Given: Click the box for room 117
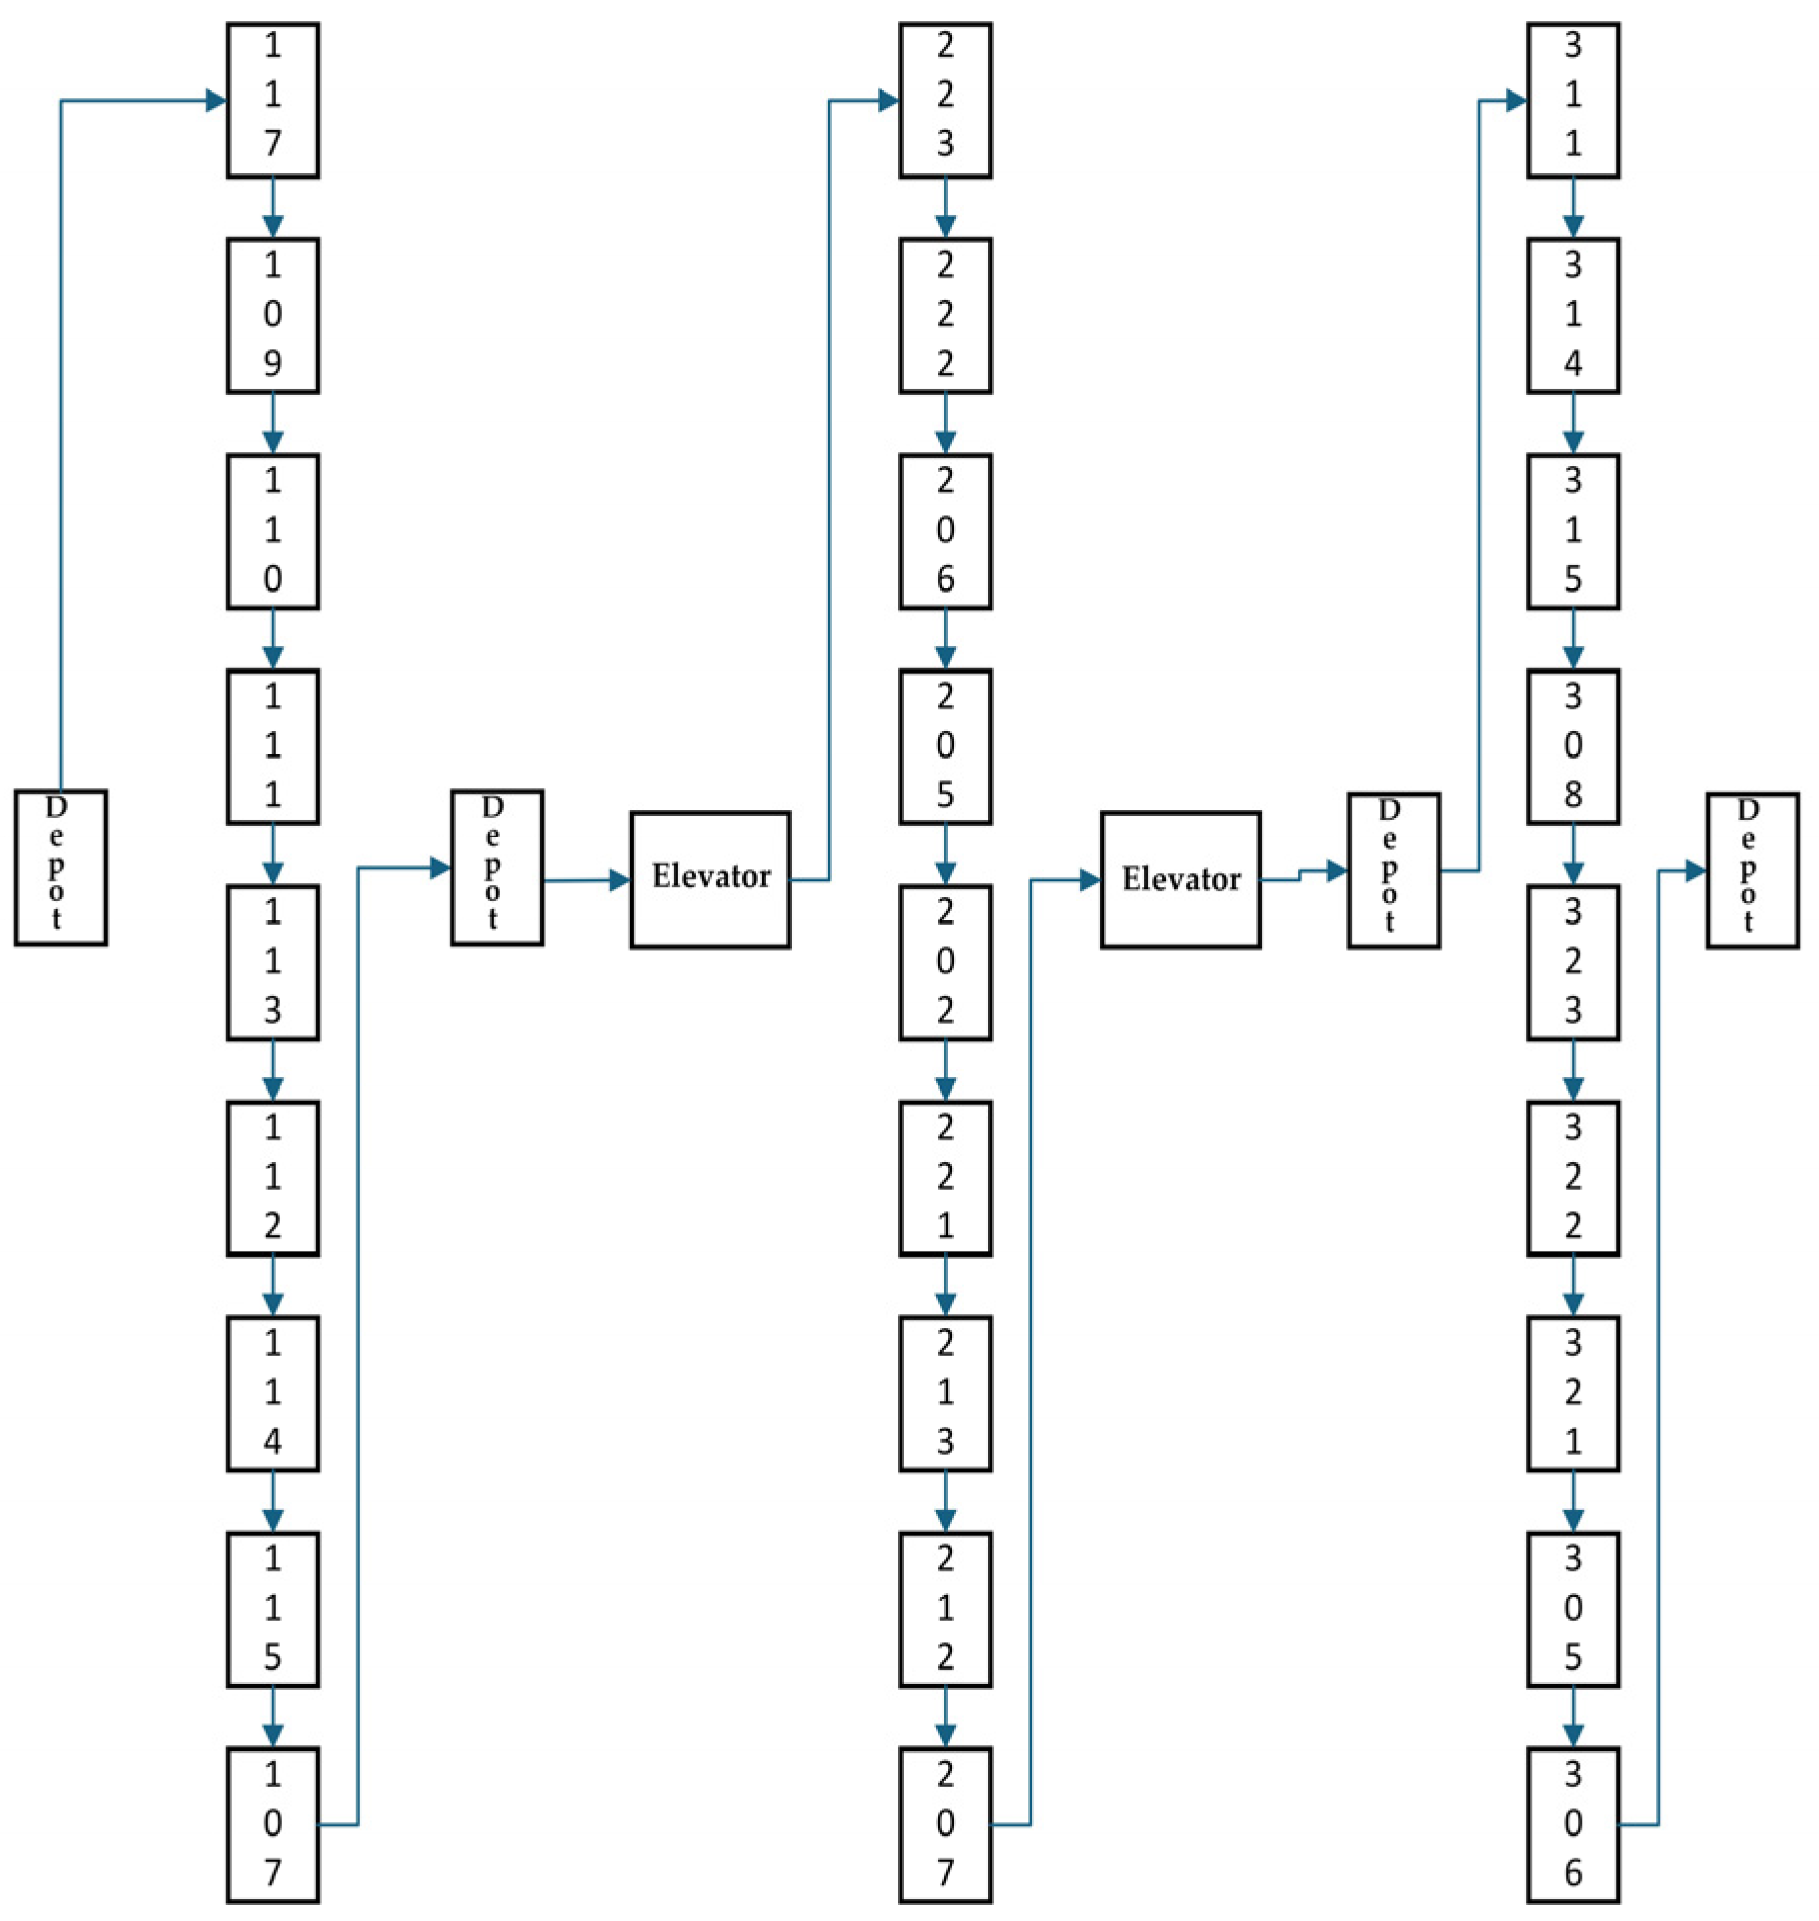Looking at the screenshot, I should (x=272, y=100).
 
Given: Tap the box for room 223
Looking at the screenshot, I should (x=944, y=100).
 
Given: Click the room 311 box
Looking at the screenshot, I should (x=1572, y=100).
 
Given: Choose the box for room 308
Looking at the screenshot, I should (x=1572, y=746).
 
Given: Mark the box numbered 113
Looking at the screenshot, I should (x=272, y=961).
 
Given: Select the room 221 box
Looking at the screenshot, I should (x=944, y=1177).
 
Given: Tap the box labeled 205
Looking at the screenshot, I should (x=944, y=746).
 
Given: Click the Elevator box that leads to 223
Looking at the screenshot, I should (x=710, y=879).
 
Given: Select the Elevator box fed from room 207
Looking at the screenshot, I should (x=1180, y=879).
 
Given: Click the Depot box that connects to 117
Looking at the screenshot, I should (x=60, y=867).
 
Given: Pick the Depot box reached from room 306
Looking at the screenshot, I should (x=1751, y=870).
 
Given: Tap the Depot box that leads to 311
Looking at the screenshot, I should (x=1393, y=870).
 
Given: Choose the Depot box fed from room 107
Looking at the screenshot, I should (x=496, y=867).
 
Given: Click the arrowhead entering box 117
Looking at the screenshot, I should (x=215, y=100).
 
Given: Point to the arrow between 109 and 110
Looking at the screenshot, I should (x=272, y=424).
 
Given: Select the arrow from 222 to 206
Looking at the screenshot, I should (x=944, y=424).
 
